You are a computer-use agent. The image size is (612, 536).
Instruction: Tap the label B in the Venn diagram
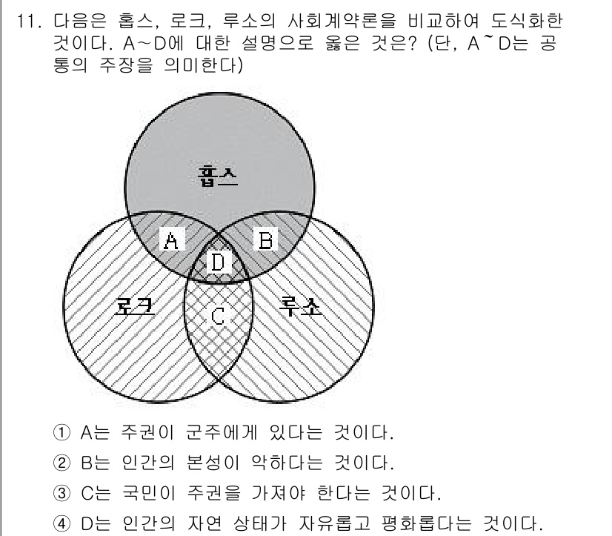coord(265,239)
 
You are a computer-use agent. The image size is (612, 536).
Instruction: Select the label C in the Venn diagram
coord(218,316)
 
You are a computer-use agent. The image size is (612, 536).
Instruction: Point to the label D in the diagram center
coord(218,262)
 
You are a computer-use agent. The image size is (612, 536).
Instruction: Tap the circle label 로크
coord(134,306)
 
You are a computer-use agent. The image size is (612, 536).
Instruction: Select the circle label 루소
coord(302,306)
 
